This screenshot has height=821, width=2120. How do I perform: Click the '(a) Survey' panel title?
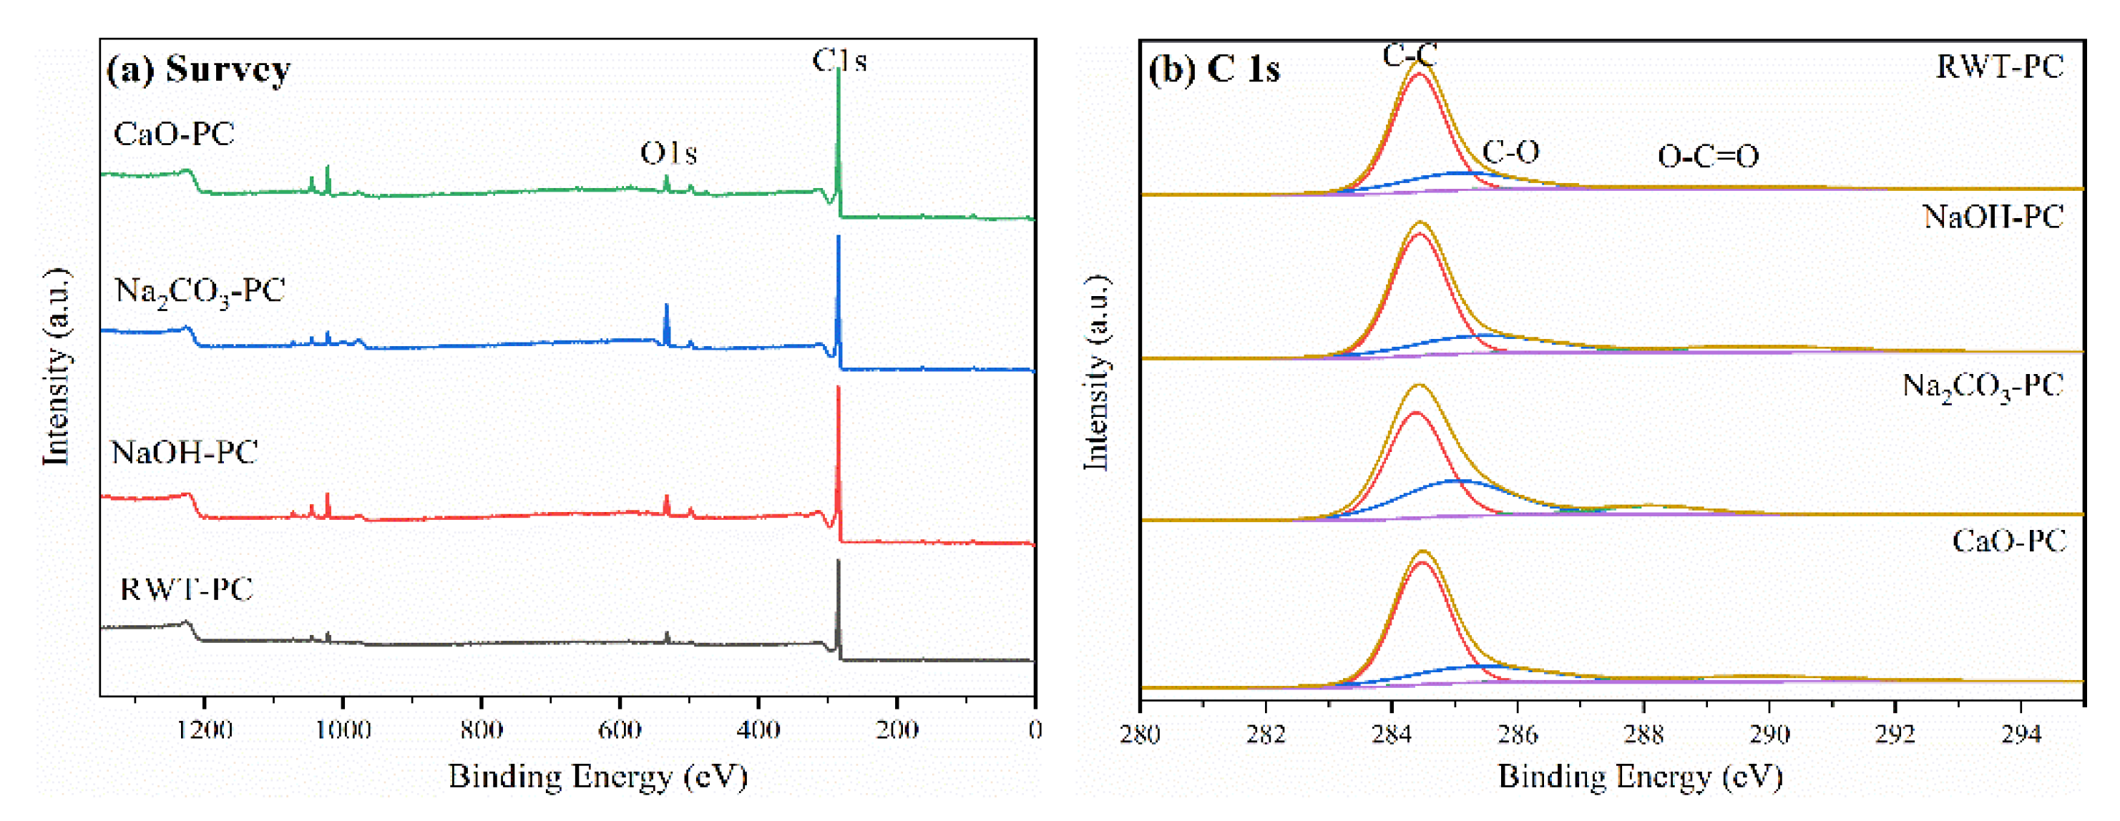pyautogui.click(x=198, y=69)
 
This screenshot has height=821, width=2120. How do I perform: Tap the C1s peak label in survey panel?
pyautogui.click(x=839, y=60)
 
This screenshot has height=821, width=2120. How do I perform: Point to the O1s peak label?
pyautogui.click(x=668, y=153)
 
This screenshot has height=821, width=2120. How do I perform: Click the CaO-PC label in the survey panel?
pyautogui.click(x=174, y=134)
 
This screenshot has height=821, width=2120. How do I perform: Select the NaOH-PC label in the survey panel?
pyautogui.click(x=185, y=453)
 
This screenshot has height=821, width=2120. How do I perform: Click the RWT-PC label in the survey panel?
pyautogui.click(x=186, y=589)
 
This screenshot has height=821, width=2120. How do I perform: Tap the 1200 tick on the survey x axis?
pyautogui.click(x=205, y=729)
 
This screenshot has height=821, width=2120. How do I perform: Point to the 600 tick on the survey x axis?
pyautogui.click(x=619, y=729)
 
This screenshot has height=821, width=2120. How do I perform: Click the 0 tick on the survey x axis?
pyautogui.click(x=1035, y=729)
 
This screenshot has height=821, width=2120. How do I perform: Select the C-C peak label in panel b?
pyautogui.click(x=1409, y=55)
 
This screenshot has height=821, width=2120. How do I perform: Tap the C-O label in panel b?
pyautogui.click(x=1510, y=152)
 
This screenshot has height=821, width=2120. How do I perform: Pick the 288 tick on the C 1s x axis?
pyautogui.click(x=1643, y=734)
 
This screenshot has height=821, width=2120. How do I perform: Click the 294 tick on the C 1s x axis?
pyautogui.click(x=2021, y=734)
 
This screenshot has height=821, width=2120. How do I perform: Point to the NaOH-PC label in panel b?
pyautogui.click(x=1993, y=217)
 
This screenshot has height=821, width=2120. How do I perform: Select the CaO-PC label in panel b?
pyautogui.click(x=2008, y=541)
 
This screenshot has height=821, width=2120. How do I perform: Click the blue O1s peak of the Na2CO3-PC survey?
pyautogui.click(x=667, y=316)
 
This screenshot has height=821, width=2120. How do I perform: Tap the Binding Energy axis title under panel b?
pyautogui.click(x=1639, y=777)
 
